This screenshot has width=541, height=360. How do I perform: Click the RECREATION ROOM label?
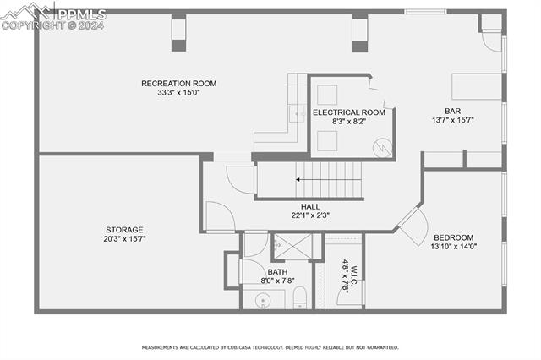pos(178,83)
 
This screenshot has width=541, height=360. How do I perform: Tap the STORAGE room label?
pos(124,229)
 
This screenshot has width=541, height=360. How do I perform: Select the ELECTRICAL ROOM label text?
pos(348,112)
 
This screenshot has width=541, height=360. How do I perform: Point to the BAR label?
pos(452,110)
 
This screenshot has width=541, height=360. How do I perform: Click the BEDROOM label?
pos(453,237)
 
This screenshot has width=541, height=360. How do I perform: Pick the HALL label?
pos(310,206)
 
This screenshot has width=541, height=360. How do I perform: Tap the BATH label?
pos(278,272)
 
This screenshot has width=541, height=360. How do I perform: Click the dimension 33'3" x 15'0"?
pos(178,93)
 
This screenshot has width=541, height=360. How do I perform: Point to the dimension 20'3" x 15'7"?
pos(124,239)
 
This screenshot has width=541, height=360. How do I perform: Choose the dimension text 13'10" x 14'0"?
pos(454,247)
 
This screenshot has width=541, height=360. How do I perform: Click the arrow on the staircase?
pos(299,179)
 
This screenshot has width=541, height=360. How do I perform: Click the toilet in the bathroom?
pos(298,296)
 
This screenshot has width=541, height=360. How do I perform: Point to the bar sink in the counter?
pos(297,112)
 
